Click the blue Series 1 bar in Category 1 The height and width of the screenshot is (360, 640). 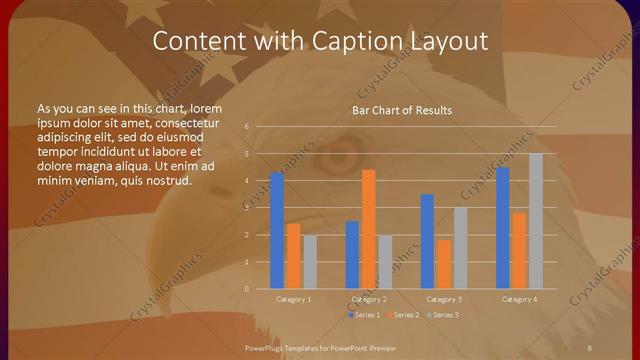[x=277, y=231]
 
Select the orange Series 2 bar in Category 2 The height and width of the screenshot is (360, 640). [x=368, y=229]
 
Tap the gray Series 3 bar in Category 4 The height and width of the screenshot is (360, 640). [x=536, y=221]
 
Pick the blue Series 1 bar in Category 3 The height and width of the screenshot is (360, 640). [x=427, y=241]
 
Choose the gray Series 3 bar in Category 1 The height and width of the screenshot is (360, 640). [x=309, y=262]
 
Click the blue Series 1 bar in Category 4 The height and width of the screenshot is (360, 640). [x=503, y=228]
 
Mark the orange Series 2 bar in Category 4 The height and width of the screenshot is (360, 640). [x=519, y=250]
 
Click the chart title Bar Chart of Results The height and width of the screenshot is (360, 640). [x=402, y=110]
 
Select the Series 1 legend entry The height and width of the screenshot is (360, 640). [x=364, y=315]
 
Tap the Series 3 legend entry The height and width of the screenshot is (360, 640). [x=442, y=315]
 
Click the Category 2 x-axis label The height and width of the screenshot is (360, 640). [x=369, y=299]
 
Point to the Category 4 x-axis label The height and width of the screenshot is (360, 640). [x=519, y=299]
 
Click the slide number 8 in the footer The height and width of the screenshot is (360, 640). [x=590, y=345]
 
